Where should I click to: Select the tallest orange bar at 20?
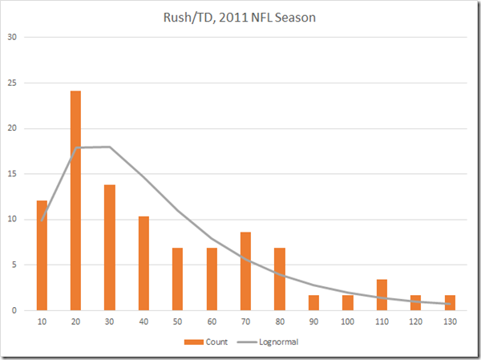coord(75,200)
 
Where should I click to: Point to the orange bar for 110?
coord(382,294)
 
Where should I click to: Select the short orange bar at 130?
coord(450,302)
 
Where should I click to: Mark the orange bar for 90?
coord(314,302)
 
